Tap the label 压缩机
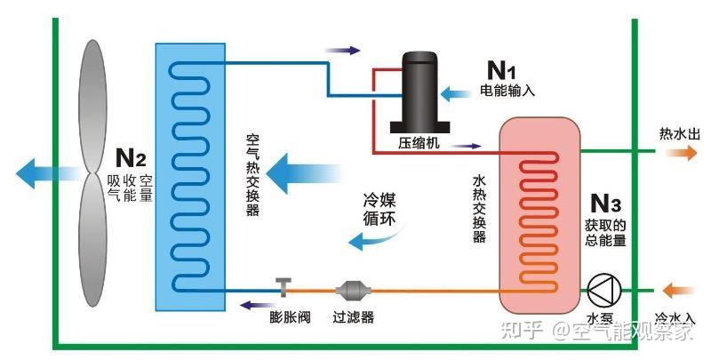pos(419,142)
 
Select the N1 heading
pos(501,70)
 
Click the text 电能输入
pos(507,91)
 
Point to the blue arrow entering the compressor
pos(456,93)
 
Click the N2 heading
pos(131,157)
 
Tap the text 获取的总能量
pos(605,233)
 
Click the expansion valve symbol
pos(284,287)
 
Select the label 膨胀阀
pos(290,317)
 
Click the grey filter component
pos(353,290)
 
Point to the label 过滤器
pos(353,317)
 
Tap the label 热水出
pos(679,133)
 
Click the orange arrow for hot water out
pos(682,153)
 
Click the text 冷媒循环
pos(379,209)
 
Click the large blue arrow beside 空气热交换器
pos(303,173)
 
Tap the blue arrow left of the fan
pos(49,173)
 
